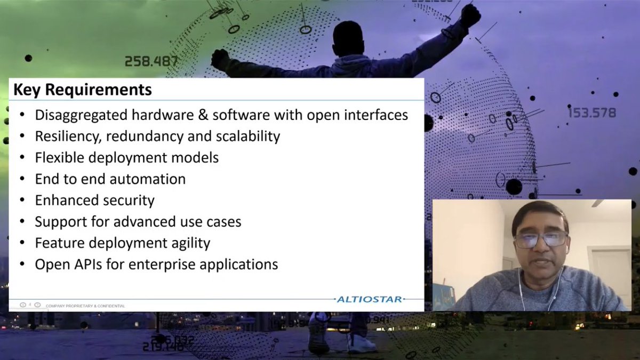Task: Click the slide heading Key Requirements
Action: point(82,90)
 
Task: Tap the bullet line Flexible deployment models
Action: point(126,157)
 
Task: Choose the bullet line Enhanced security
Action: point(94,200)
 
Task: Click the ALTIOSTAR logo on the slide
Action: point(370,299)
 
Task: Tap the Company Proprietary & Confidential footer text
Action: point(85,306)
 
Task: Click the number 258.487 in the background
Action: point(151,61)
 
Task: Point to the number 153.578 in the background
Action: point(591,113)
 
